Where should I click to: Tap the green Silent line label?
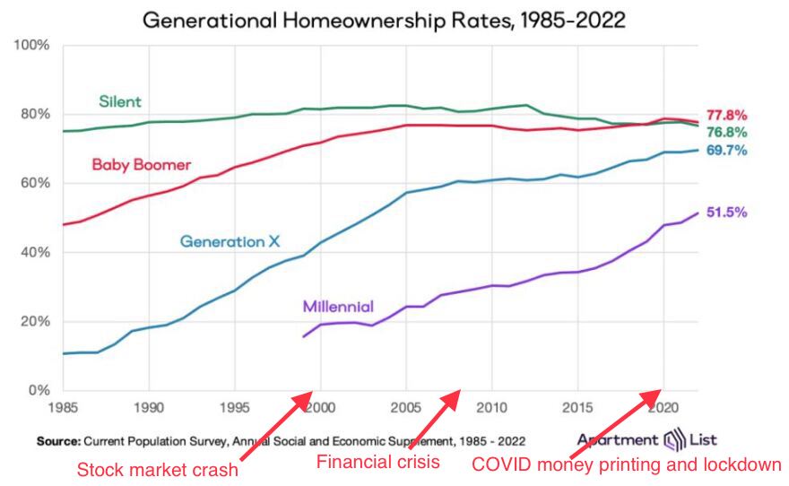click(119, 101)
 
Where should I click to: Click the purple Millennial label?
click(338, 306)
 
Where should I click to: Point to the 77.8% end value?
click(727, 115)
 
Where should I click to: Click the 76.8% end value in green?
click(727, 132)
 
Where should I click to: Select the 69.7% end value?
click(727, 150)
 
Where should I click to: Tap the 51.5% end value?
click(727, 213)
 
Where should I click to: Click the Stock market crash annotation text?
click(157, 469)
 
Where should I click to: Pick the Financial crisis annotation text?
click(378, 463)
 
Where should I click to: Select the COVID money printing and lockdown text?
click(627, 464)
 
